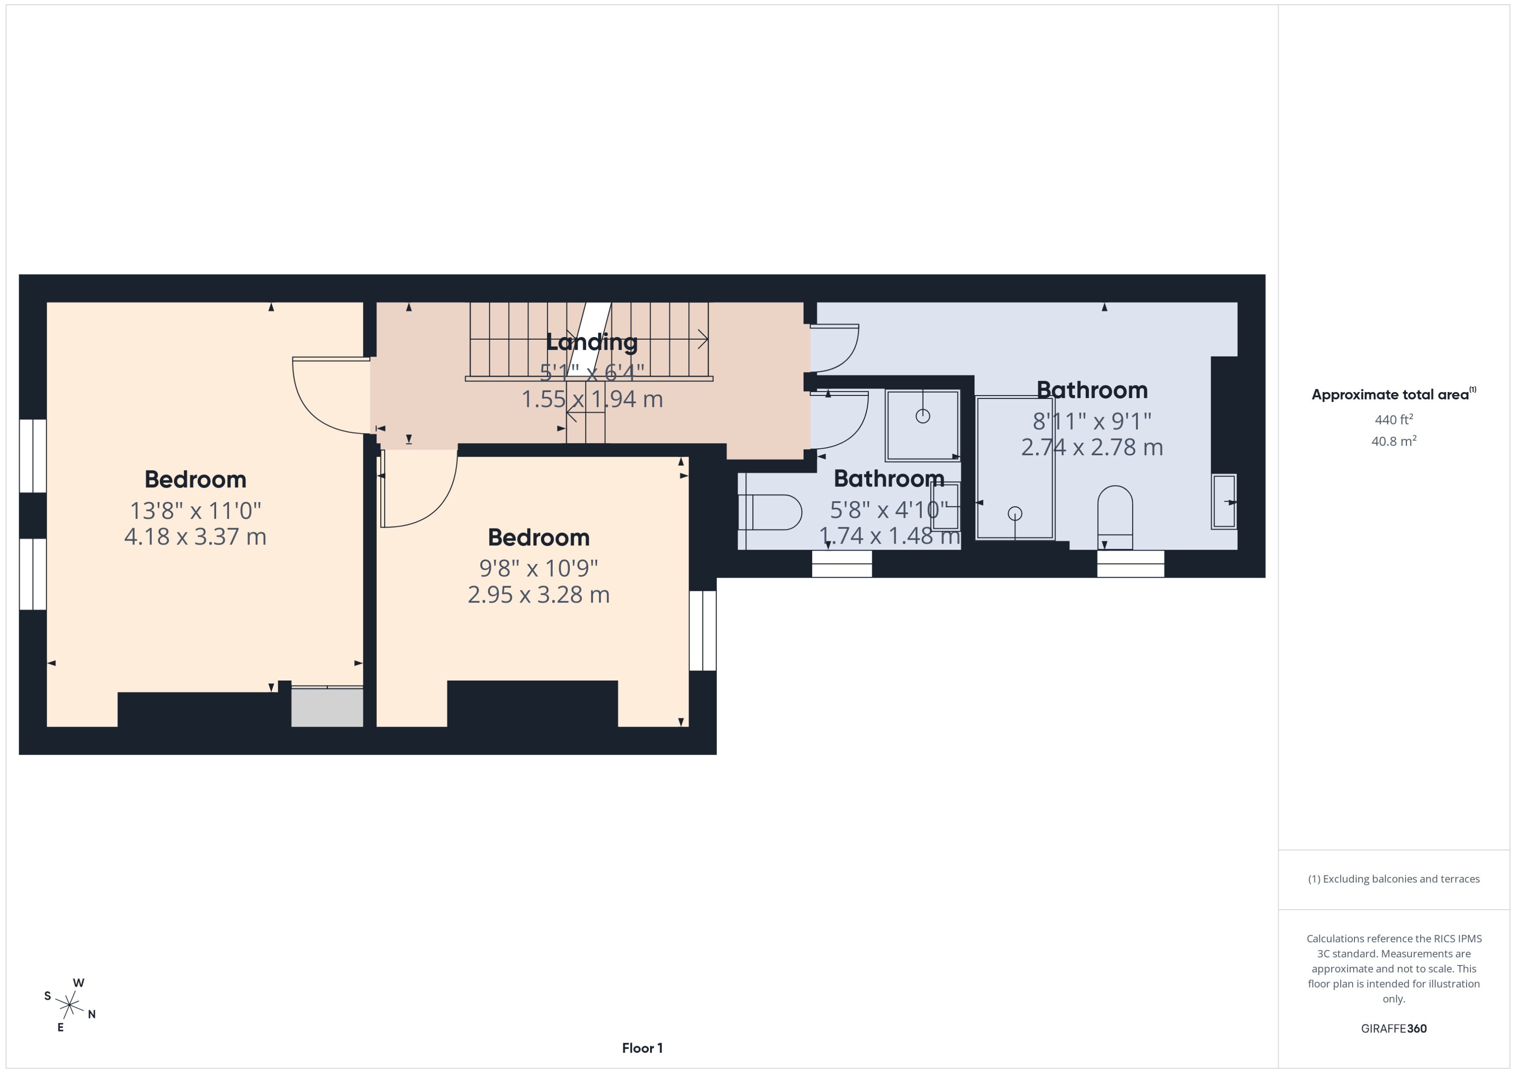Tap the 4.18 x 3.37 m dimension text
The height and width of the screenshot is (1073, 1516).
195,536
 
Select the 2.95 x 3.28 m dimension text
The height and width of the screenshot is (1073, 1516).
538,595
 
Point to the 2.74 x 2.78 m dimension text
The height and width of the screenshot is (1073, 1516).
1092,447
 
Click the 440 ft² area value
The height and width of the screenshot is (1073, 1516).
1394,420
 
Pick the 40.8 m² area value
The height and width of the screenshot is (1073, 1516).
1394,441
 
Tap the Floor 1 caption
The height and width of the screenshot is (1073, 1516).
642,1048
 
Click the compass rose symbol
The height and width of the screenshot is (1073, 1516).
69,1005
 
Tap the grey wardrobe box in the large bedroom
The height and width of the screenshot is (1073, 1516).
327,707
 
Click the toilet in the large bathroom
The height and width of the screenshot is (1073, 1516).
1115,517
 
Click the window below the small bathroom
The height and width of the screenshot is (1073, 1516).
842,564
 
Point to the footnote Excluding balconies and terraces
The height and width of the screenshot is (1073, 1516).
1394,879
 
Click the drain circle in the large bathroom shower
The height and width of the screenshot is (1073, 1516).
1015,513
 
